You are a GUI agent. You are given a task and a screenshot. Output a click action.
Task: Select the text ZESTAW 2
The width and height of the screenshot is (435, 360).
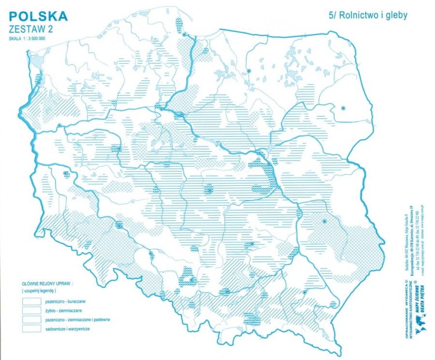point(32,28)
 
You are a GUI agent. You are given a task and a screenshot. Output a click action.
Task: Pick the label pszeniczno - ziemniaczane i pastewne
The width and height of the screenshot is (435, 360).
point(81,321)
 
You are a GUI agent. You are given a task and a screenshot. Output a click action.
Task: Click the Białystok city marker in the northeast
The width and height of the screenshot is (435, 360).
point(343,108)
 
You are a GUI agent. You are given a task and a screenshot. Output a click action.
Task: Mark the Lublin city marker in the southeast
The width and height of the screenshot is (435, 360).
point(325,222)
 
